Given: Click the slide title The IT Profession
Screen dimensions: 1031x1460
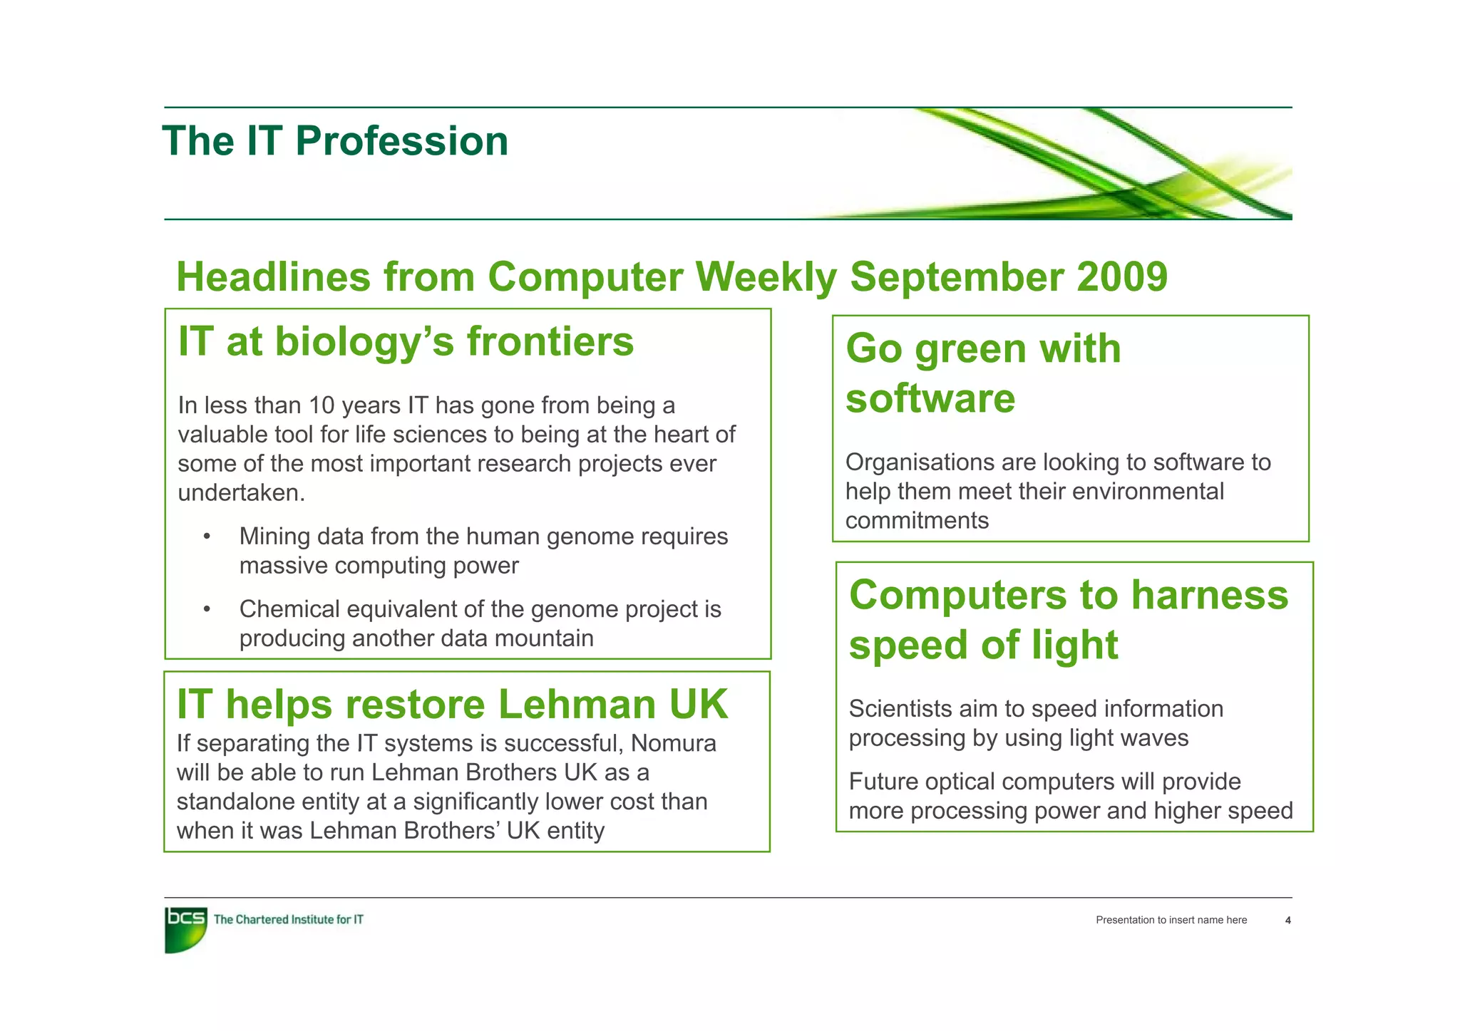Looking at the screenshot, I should (335, 141).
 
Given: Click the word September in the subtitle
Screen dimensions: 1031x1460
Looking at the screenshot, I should (957, 276).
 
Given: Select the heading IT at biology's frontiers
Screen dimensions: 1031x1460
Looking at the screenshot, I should (406, 341).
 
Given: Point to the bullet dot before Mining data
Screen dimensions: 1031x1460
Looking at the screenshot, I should (207, 537).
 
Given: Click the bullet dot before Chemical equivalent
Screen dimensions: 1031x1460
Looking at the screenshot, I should (207, 609).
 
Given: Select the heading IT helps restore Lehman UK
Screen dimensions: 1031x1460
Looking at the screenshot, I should (452, 704).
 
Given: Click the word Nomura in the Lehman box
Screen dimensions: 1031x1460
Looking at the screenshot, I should (674, 743).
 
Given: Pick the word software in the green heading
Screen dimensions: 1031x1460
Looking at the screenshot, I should (930, 398).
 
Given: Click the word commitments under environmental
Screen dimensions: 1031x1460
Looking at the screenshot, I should (917, 521).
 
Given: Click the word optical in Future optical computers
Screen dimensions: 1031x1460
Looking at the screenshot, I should (962, 782).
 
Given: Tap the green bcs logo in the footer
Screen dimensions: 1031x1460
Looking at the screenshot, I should (185, 928).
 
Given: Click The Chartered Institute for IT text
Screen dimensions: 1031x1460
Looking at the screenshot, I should (288, 920).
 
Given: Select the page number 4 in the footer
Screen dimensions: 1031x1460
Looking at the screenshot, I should (1287, 921).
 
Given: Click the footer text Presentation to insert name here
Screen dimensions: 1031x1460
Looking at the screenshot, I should (1171, 921).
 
